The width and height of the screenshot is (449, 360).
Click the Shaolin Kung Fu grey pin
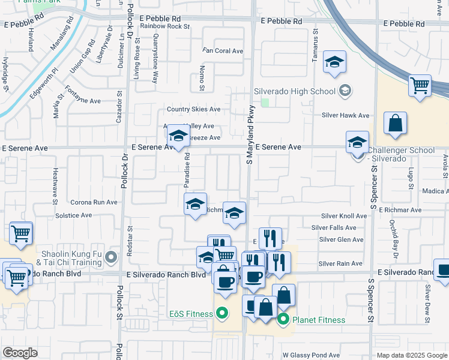pyautogui.click(x=110, y=258)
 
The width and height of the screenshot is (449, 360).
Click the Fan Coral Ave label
pyautogui.click(x=223, y=51)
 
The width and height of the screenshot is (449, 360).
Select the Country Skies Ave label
pyautogui.click(x=193, y=109)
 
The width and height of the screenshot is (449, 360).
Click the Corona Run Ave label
pyautogui.click(x=94, y=202)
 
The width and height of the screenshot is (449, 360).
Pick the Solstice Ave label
pyautogui.click(x=73, y=215)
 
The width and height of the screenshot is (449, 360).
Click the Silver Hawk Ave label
pyautogui.click(x=345, y=115)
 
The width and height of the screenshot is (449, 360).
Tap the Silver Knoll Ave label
pyautogui.click(x=343, y=216)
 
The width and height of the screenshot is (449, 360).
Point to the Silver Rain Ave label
pyautogui.click(x=340, y=263)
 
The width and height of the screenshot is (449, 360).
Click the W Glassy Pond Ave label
pyautogui.click(x=311, y=355)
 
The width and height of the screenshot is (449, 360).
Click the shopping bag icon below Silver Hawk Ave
pyautogui.click(x=396, y=124)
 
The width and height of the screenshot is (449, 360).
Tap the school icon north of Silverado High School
pyautogui.click(x=334, y=62)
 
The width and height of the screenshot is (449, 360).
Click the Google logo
pyautogui.click(x=20, y=353)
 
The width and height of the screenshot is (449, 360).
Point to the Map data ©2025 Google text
pyautogui.click(x=411, y=355)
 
